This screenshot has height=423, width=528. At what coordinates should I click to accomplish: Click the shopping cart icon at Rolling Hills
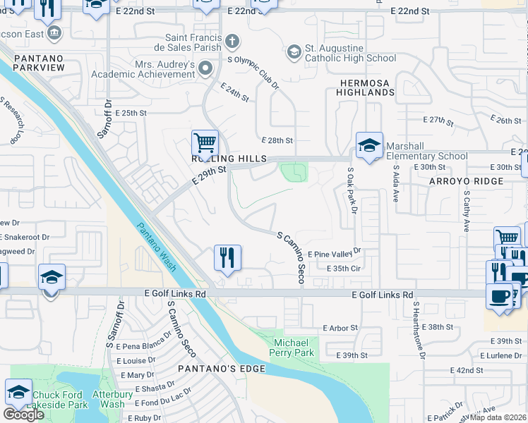205,143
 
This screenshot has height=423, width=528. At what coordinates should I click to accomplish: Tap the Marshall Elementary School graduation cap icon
368,145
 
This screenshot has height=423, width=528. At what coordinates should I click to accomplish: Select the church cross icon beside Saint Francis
232,40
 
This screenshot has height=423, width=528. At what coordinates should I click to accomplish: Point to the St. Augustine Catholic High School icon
293,51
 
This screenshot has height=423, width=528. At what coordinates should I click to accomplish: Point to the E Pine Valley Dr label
334,251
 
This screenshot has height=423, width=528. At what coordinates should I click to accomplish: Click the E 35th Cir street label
344,269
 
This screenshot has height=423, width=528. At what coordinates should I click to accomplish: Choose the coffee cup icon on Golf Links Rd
499,295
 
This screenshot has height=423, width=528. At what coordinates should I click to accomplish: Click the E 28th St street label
277,141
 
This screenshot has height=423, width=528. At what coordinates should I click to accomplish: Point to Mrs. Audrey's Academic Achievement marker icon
205,68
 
